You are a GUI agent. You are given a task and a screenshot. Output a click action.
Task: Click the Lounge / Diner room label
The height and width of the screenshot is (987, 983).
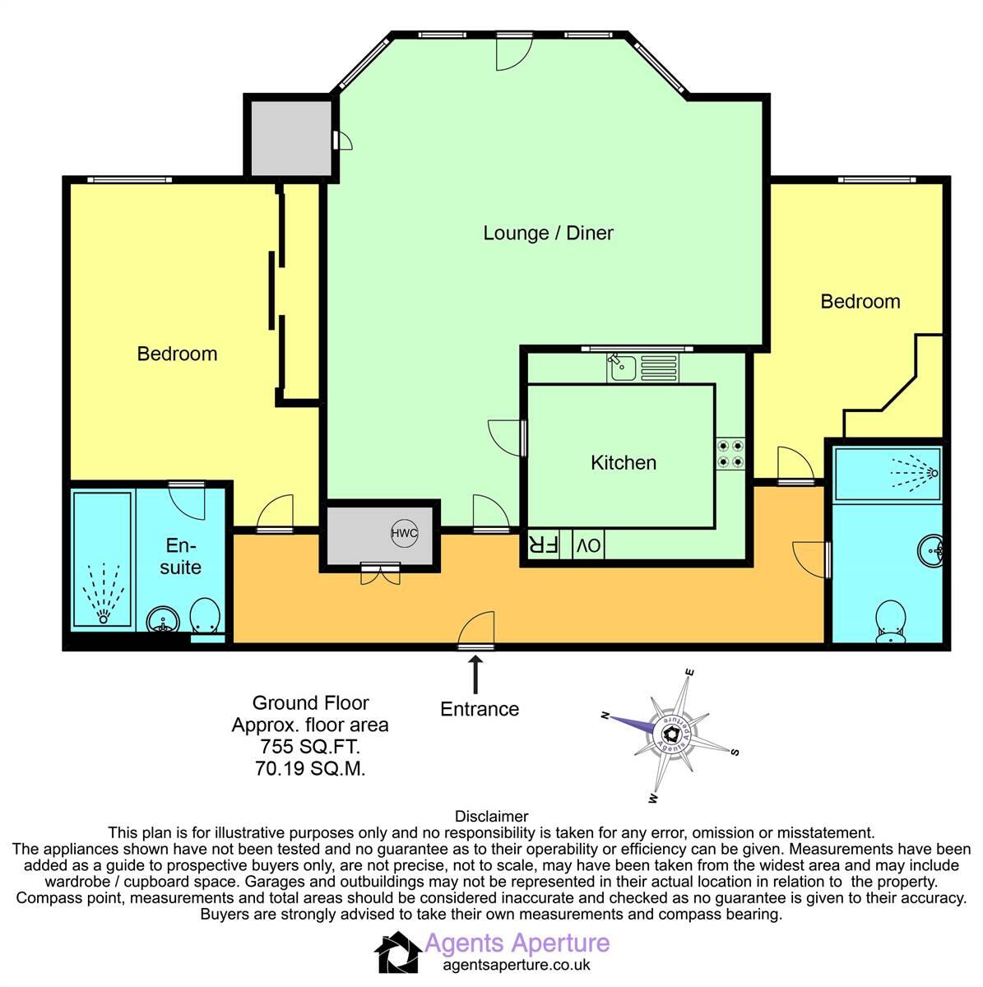pos(548,233)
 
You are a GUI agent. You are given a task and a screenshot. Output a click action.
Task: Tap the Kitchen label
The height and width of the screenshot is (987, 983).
pos(624,462)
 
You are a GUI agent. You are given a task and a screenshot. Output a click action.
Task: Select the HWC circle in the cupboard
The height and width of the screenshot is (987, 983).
pos(405,534)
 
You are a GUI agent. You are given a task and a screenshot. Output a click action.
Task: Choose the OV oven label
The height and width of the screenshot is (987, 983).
pos(587,545)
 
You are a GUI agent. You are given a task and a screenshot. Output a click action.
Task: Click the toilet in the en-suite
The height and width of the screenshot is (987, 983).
pos(204,617)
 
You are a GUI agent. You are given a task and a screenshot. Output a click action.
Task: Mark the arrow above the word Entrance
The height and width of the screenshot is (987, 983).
pos(475,674)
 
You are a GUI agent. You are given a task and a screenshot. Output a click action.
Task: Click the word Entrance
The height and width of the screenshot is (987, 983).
pos(480,709)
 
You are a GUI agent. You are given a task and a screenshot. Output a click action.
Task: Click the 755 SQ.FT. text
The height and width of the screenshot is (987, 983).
pos(310,748)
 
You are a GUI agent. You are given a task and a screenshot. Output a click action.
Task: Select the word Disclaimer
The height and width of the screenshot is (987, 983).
pos(491,816)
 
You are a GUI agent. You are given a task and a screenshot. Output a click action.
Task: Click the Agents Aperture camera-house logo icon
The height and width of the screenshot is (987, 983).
pos(397,953)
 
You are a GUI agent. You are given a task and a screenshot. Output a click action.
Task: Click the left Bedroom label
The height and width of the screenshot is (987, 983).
pos(177,354)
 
